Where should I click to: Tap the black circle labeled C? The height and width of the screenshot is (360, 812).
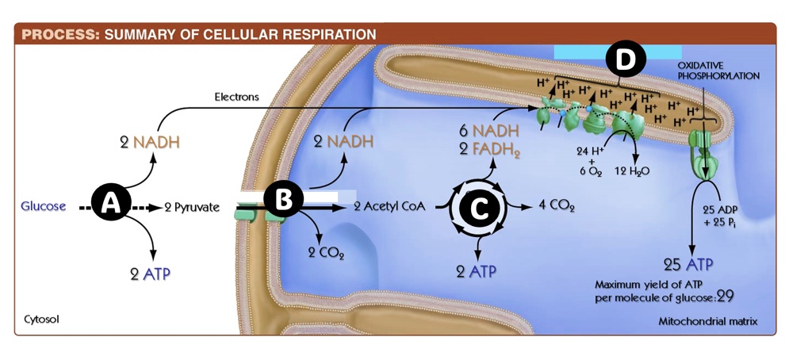pos(478,208)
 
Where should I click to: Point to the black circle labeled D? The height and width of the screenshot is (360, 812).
pos(625,59)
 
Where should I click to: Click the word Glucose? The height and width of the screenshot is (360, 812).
pos(43,206)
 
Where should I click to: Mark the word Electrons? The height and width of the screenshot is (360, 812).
pos(236,97)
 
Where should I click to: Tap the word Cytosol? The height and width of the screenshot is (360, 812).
pos(42,319)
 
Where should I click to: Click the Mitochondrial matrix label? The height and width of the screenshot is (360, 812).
pos(707,321)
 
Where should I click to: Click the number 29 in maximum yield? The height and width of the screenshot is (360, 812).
pos(725,297)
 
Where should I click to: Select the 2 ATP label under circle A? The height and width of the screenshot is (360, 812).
pos(151,274)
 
